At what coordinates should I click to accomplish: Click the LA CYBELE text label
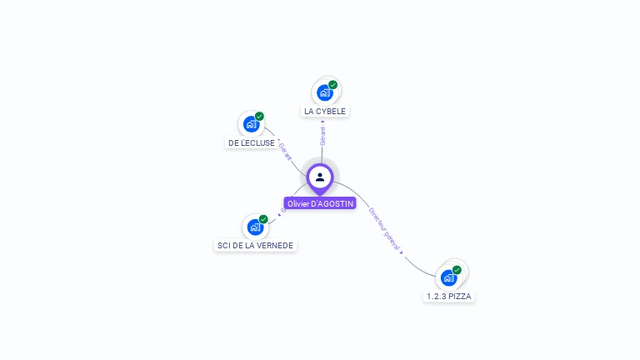325,111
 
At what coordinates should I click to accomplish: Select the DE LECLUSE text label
252,142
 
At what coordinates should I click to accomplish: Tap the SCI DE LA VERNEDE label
255,245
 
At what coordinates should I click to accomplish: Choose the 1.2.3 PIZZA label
449,296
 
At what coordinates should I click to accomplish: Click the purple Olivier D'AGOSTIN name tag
320,203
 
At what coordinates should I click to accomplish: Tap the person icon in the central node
320,177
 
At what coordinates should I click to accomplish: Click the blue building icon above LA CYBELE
324,92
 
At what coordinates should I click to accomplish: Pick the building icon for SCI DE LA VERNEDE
254,227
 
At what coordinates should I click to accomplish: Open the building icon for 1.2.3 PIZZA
448,277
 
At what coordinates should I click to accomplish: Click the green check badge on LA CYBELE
333,85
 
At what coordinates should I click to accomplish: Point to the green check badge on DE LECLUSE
259,117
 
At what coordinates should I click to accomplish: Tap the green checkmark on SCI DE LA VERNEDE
263,219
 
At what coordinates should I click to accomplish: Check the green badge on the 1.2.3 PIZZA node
457,270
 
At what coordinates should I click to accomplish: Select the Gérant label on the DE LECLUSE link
285,152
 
